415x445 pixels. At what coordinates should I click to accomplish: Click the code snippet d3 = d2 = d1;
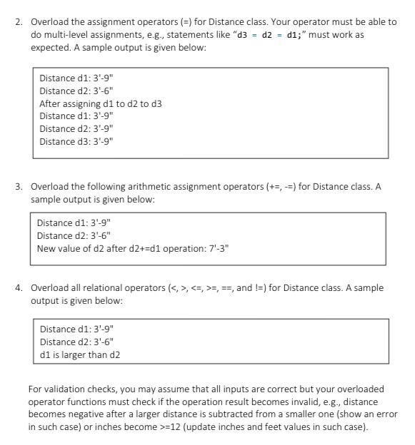(x=269, y=35)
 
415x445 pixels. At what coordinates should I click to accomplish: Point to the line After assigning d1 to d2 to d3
(x=101, y=103)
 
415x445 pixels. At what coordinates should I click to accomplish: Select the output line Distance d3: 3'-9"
(x=76, y=141)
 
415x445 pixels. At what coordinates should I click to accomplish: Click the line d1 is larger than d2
(x=80, y=354)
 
